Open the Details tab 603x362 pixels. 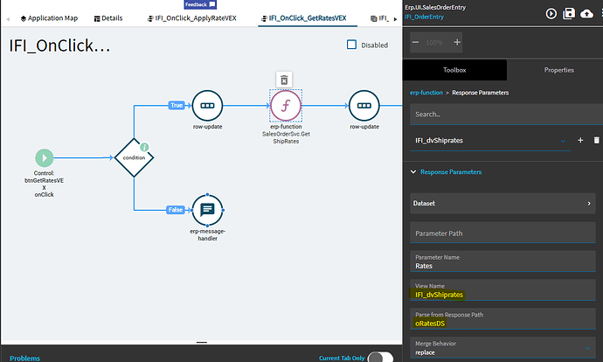point(107,17)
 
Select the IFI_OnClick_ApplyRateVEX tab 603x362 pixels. point(196,17)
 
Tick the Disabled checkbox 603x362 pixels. point(352,45)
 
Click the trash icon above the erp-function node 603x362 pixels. point(283,80)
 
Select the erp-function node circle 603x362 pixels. point(284,106)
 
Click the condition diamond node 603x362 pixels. point(134,157)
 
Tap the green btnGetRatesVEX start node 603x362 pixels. point(44,157)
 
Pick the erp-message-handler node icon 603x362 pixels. point(208,210)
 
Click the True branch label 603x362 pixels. point(177,105)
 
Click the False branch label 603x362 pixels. point(177,210)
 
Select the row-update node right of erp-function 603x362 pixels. point(364,106)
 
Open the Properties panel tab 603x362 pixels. point(558,70)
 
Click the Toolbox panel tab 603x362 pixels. point(454,70)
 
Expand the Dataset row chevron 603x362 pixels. point(589,204)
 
